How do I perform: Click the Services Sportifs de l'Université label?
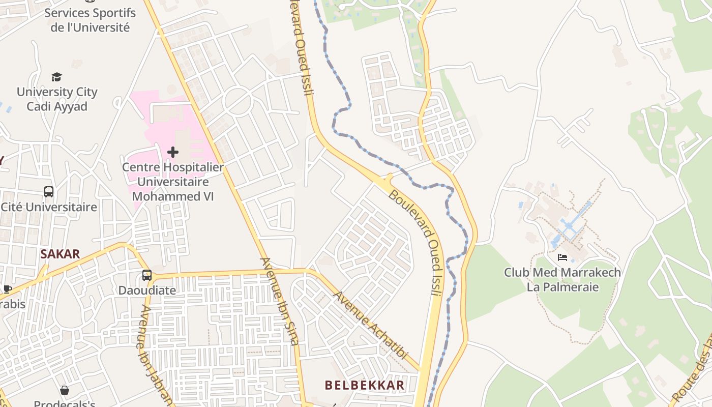pos(90,20)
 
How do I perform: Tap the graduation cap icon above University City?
pos(56,77)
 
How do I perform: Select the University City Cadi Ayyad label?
pos(57,99)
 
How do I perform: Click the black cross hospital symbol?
pos(173,152)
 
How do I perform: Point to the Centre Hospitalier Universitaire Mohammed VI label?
pos(173,182)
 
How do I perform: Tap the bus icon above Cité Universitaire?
pos(49,192)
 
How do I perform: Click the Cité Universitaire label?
pos(49,207)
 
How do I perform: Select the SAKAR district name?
pos(60,254)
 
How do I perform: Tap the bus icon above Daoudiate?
pos(147,275)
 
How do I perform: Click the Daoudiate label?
pos(147,290)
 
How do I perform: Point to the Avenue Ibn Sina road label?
pos(279,301)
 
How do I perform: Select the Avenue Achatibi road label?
pos(370,325)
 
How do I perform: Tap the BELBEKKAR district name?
pos(365,385)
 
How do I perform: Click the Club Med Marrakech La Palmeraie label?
pos(562,279)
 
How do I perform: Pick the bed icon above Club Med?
pos(562,257)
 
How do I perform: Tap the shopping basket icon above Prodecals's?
pos(65,390)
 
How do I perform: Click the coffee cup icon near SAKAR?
pos(7,289)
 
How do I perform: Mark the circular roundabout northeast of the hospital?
pos(238,101)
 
